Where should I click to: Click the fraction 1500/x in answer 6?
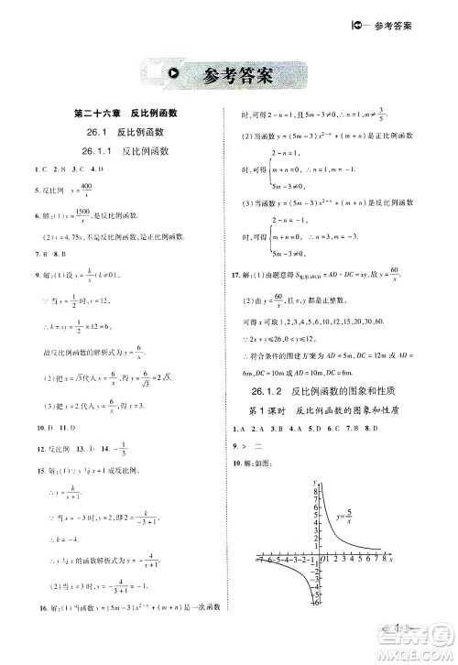(94, 213)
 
